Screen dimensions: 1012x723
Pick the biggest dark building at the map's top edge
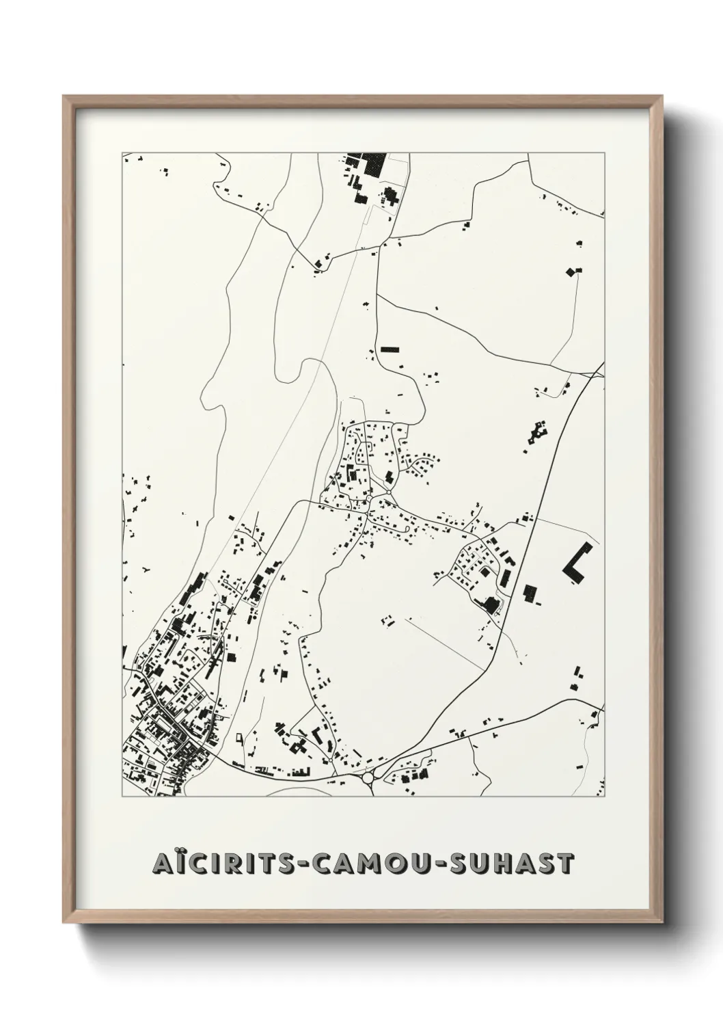[373, 164]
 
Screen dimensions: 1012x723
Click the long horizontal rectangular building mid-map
[389, 349]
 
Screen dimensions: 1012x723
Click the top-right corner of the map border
[604, 153]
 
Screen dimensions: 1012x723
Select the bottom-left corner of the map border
[123, 796]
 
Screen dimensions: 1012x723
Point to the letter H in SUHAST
[506, 864]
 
